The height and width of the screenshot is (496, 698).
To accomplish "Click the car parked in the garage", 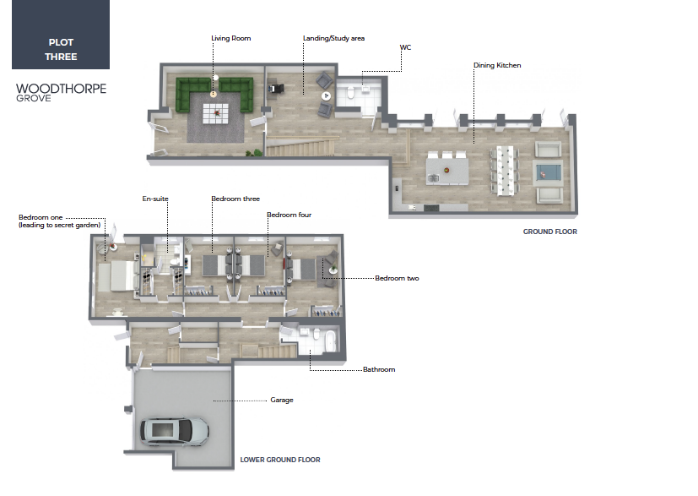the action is pyautogui.click(x=175, y=432).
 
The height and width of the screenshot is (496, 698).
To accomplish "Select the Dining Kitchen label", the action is pyautogui.click(x=497, y=65).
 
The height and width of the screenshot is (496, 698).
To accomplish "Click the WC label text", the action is pyautogui.click(x=405, y=47).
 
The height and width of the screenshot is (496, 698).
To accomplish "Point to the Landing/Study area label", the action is pyautogui.click(x=334, y=38).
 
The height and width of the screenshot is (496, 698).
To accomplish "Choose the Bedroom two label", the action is pyautogui.click(x=397, y=278).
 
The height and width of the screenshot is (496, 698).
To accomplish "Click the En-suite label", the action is pyautogui.click(x=155, y=199).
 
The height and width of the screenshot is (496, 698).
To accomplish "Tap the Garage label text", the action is pyautogui.click(x=282, y=401).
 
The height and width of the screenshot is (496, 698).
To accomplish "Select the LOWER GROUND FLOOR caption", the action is pyautogui.click(x=280, y=460).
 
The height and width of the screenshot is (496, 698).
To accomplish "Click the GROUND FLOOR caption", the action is pyautogui.click(x=549, y=232).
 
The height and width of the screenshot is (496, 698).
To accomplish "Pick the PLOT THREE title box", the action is pyautogui.click(x=61, y=35).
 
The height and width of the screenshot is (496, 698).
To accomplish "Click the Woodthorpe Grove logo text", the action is pyautogui.click(x=61, y=93).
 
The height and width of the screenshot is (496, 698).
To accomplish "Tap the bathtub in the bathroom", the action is pyautogui.click(x=330, y=341).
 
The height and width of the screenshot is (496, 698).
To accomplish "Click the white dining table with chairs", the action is pyautogui.click(x=505, y=170).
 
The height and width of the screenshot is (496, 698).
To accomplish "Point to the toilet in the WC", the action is pyautogui.click(x=350, y=92).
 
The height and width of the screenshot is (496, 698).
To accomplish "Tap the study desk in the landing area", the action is pyautogui.click(x=277, y=88).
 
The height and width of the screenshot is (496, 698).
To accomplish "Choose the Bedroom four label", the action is pyautogui.click(x=289, y=215).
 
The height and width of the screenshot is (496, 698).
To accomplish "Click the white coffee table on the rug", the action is pyautogui.click(x=216, y=113).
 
